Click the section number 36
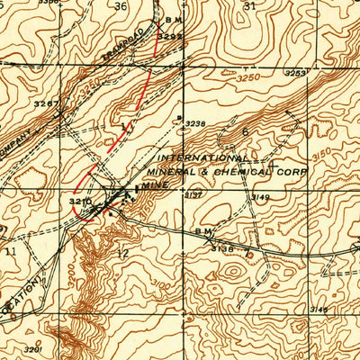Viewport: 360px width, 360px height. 121,6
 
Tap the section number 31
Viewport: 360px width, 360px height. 249,6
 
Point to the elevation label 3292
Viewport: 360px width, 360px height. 169,36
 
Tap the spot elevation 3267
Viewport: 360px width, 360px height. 46,104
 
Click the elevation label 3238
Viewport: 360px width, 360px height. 195,123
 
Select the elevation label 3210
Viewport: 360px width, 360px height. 80,200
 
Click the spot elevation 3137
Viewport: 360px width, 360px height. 192,194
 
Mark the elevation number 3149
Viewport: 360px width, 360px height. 261,195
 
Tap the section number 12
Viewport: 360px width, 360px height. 122,255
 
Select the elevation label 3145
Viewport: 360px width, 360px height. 319,308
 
